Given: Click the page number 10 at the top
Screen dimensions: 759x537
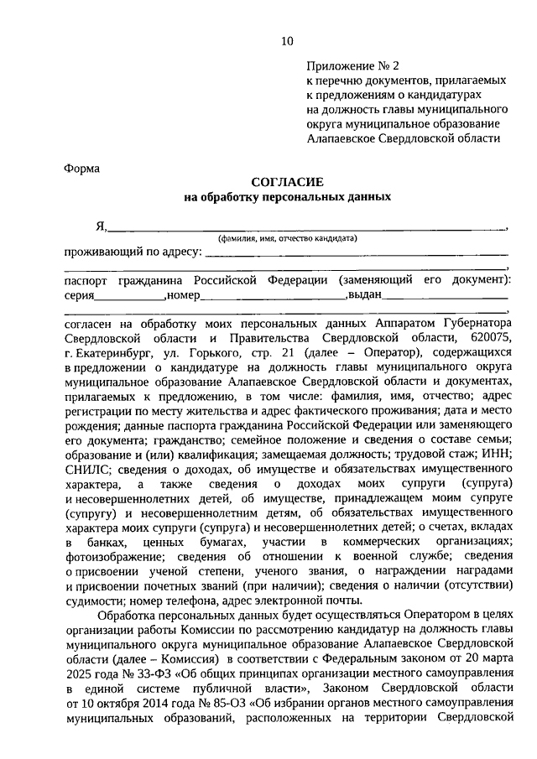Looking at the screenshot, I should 288,41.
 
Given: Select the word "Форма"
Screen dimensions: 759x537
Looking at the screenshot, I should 82,168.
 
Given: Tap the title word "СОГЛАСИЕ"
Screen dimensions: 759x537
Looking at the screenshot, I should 287,182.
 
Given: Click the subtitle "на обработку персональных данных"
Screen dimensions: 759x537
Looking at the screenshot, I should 287,198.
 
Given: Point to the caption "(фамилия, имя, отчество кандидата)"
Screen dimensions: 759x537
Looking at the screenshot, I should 288,238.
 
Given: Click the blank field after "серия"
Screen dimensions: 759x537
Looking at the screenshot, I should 129,298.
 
